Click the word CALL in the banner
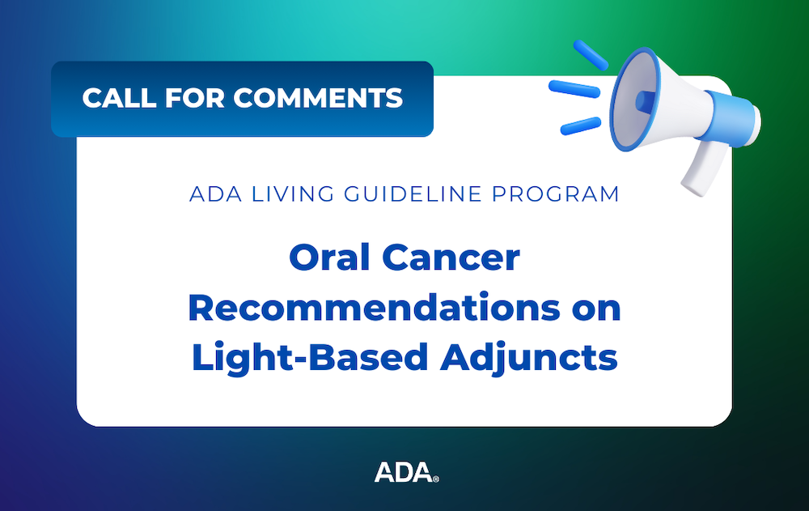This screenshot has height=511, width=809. pos(119,98)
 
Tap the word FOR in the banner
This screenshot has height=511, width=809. pos(194,98)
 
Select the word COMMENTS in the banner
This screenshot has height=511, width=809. pos(318,98)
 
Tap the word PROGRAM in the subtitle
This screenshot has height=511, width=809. pos(556,194)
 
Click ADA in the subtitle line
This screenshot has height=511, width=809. pos(216,194)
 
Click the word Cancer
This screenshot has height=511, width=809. pos(451,258)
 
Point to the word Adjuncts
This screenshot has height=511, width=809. pos(529,358)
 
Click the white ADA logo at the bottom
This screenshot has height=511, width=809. pos(404,472)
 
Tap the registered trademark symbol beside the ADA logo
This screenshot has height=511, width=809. pos(436,479)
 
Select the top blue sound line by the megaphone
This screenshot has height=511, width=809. pos(591,55)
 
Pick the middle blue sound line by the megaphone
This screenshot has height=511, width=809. pos(574,88)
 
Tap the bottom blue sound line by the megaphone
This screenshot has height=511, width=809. pos(581,126)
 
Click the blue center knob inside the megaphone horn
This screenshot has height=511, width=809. pos(646,100)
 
